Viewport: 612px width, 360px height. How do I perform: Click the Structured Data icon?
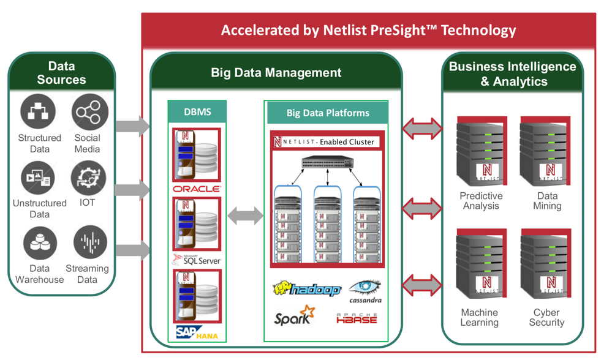tap(38, 111)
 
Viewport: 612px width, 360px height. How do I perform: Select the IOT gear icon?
tap(88, 178)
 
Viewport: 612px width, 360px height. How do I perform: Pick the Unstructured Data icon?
tap(38, 178)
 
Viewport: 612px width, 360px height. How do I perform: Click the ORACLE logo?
tap(197, 189)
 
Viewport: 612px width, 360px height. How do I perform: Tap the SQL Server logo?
tap(197, 260)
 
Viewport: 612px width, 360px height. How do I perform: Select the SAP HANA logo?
tap(197, 332)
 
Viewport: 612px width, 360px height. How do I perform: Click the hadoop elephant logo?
tap(306, 289)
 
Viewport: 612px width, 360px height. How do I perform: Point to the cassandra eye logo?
tap(366, 290)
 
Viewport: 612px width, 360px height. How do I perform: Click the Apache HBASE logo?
tap(357, 318)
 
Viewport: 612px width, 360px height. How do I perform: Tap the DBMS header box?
tap(197, 112)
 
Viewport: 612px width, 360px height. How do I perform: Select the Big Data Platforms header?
tap(328, 113)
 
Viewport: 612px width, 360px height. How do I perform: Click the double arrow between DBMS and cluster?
tap(245, 216)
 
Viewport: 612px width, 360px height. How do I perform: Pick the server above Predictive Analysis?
tap(482, 153)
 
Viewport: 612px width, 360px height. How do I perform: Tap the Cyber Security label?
tap(546, 317)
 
